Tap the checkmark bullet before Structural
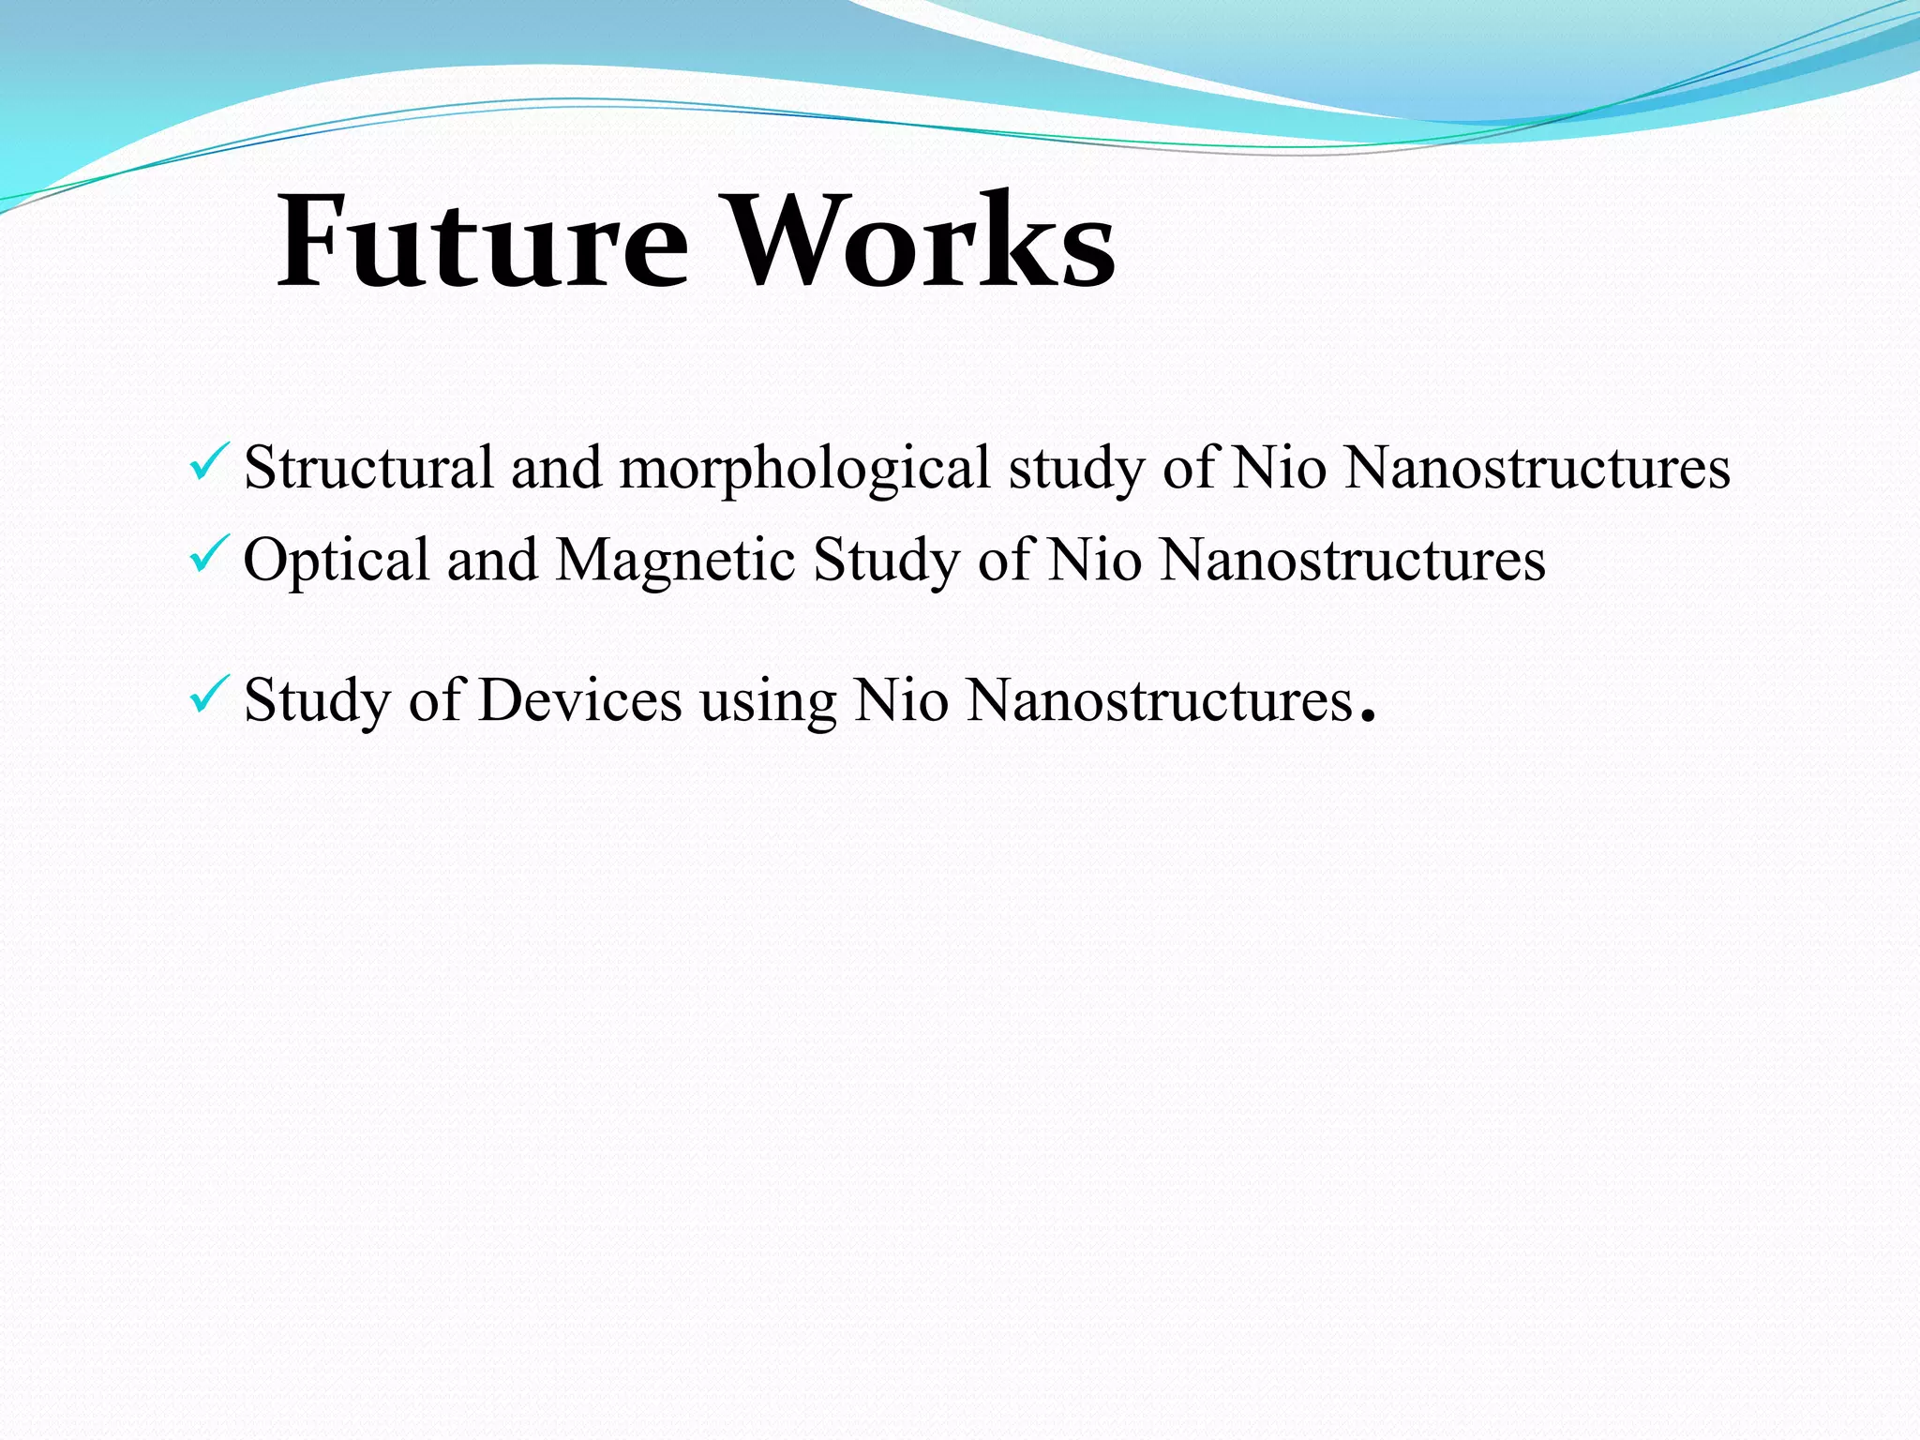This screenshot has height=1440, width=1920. pyautogui.click(x=209, y=462)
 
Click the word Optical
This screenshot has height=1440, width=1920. pyautogui.click(x=336, y=561)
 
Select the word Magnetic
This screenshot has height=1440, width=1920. pyautogui.click(x=675, y=561)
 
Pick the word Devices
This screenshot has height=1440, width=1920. pyautogui.click(x=580, y=700)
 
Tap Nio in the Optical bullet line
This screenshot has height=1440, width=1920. pyautogui.click(x=1094, y=561)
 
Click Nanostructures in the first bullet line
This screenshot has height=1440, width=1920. pyautogui.click(x=1537, y=467)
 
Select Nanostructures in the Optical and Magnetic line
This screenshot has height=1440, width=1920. pyautogui.click(x=1352, y=561)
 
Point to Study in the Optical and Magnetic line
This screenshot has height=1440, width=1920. pyautogui.click(x=886, y=561)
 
